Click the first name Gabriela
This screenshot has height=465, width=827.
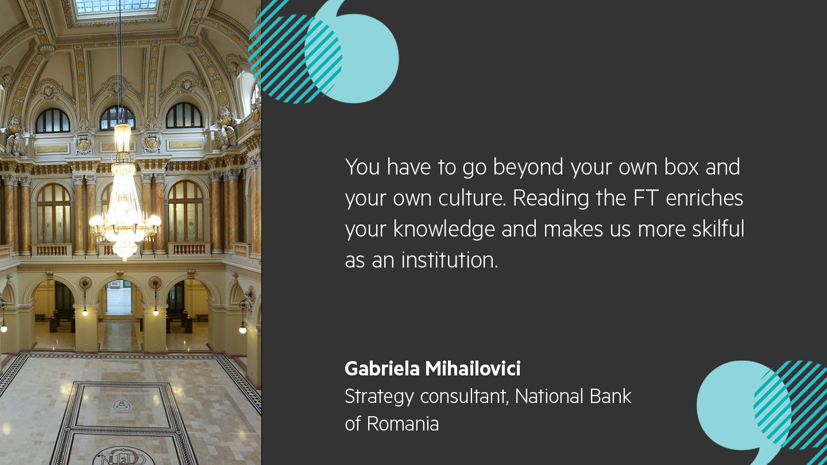click(x=382, y=369)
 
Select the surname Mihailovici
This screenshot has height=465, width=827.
click(x=473, y=369)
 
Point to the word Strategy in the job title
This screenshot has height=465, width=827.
click(x=379, y=397)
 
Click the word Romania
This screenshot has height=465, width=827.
click(x=403, y=424)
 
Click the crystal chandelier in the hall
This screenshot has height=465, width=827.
click(x=124, y=212)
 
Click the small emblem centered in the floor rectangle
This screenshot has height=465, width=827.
click(x=122, y=405)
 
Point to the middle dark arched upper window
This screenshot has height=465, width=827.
click(x=117, y=118)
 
